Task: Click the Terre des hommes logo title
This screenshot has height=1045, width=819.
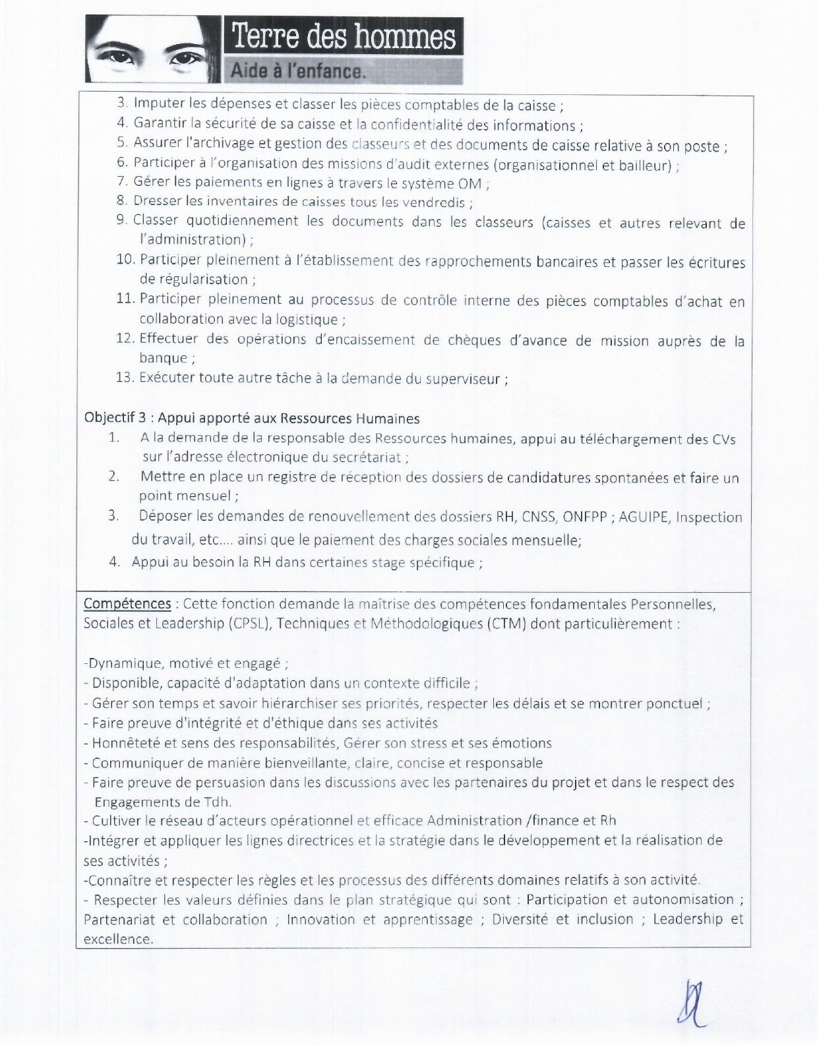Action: [x=344, y=36]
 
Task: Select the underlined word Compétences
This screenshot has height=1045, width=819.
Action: [x=127, y=604]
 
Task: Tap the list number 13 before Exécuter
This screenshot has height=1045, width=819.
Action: [x=125, y=378]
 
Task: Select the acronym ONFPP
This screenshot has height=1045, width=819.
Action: [x=584, y=517]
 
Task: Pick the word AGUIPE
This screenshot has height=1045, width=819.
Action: [x=643, y=517]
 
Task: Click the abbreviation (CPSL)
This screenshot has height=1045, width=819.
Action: [x=250, y=624]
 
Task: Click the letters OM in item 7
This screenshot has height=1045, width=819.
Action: [x=470, y=183]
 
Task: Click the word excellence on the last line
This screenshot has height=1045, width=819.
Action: [x=117, y=939]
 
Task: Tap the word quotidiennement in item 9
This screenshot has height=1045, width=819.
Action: [x=242, y=221]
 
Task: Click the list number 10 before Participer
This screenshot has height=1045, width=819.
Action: [x=125, y=260]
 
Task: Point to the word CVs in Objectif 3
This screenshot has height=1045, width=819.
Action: [x=723, y=439]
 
